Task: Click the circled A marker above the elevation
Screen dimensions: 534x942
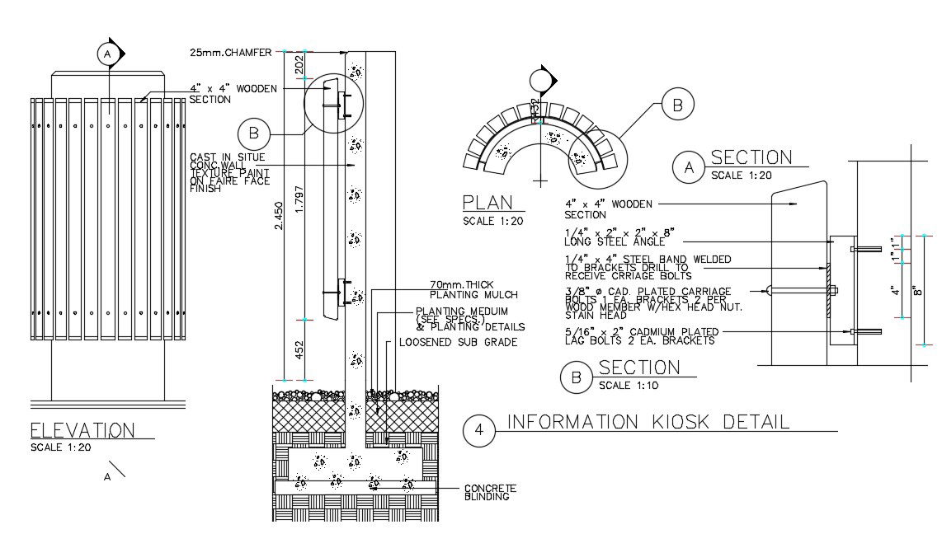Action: pyautogui.click(x=106, y=54)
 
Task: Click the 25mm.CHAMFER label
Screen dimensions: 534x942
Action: pyautogui.click(x=230, y=53)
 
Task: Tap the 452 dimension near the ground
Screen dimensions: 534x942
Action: pyautogui.click(x=299, y=349)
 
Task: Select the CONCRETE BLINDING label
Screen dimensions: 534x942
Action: pyautogui.click(x=491, y=492)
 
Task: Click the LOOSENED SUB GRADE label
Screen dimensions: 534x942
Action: pyautogui.click(x=458, y=342)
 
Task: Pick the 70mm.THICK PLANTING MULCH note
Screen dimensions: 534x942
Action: pyautogui.click(x=473, y=290)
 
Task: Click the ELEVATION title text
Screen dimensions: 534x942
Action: pyautogui.click(x=82, y=430)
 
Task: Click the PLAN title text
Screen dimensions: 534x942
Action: pyautogui.click(x=487, y=203)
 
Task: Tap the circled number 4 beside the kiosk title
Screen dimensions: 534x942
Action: pyautogui.click(x=478, y=429)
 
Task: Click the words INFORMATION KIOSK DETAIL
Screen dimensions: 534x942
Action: pyautogui.click(x=648, y=422)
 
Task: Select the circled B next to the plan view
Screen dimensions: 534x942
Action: pyautogui.click(x=676, y=105)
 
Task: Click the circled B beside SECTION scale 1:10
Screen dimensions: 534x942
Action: pyautogui.click(x=575, y=378)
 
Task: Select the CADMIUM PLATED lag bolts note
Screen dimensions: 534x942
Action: pyautogui.click(x=640, y=336)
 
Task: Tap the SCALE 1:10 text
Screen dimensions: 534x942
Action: pyautogui.click(x=627, y=386)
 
